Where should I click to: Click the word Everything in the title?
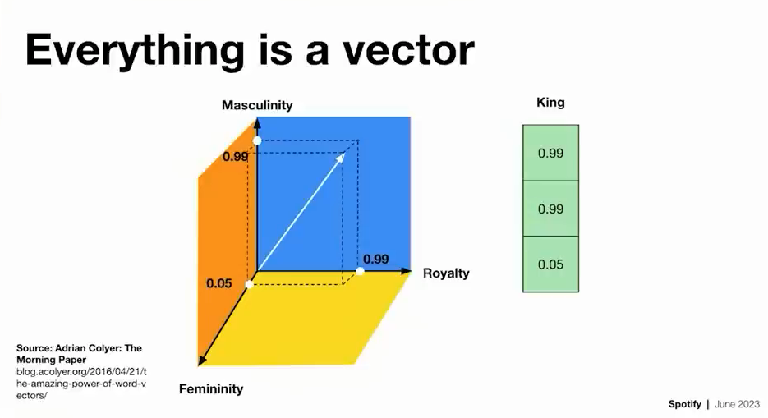tap(135, 51)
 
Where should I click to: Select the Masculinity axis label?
tap(257, 105)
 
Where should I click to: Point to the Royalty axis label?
tap(446, 273)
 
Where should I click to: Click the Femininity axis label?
tap(211, 389)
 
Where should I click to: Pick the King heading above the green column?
tap(550, 103)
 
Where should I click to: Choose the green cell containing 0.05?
tap(550, 264)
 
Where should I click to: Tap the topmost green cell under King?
tap(550, 154)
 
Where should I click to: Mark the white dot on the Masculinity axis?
tap(257, 141)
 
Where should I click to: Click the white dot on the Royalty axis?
tap(360, 271)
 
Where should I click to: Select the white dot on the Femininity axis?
tap(250, 284)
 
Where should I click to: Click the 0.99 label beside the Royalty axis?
tap(376, 259)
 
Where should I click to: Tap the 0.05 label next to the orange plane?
tap(219, 283)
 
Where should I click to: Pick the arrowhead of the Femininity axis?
tap(200, 361)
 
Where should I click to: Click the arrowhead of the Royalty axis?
tap(407, 271)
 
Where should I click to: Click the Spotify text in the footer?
tap(685, 404)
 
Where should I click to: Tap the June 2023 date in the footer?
tap(737, 404)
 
